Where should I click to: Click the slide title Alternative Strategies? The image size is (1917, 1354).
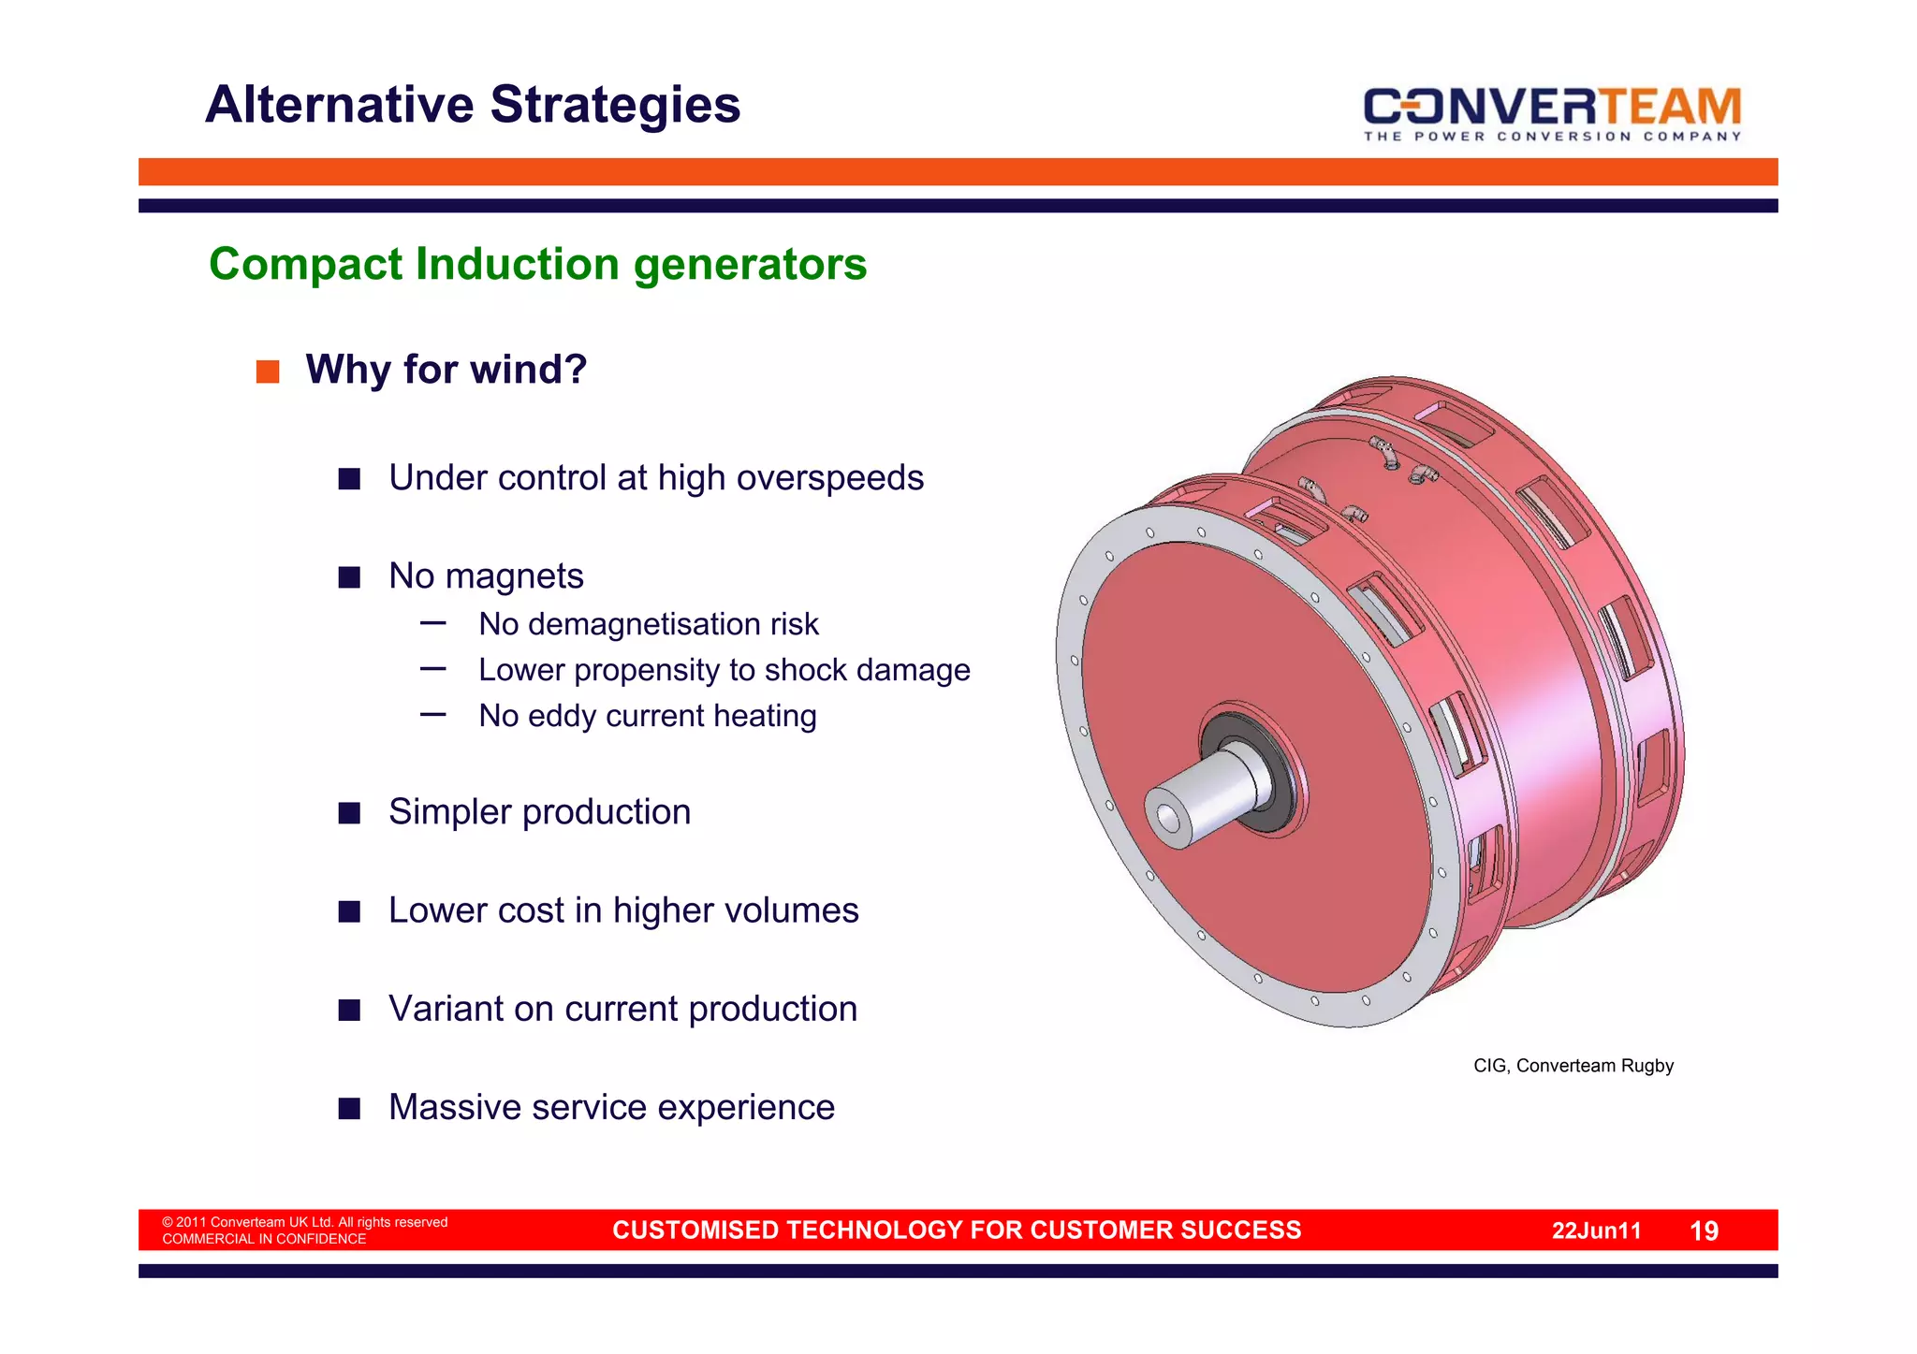[473, 105]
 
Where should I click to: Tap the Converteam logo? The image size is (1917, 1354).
[1551, 107]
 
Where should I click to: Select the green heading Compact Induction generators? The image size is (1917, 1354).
[537, 265]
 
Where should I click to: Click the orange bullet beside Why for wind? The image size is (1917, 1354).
[268, 372]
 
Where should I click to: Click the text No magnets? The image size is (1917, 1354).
[486, 576]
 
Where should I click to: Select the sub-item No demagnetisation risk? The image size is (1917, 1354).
[648, 624]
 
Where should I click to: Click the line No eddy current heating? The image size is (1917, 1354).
[647, 716]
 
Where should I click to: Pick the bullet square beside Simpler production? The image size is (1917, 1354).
[349, 813]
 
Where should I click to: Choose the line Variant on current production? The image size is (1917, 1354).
[622, 1009]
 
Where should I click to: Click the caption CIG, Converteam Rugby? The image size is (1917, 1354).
[1573, 1066]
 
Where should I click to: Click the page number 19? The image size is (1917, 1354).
[1704, 1231]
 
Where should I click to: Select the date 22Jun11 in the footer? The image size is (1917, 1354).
[1596, 1231]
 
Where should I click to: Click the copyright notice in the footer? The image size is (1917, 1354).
[304, 1223]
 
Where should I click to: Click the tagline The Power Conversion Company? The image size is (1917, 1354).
[1551, 137]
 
